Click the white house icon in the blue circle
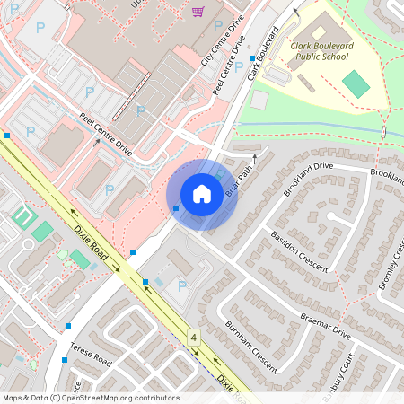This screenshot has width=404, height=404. [202, 193]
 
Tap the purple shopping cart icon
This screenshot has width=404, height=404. [198, 12]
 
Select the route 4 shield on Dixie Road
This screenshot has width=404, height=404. [193, 337]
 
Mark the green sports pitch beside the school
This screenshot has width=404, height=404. [356, 84]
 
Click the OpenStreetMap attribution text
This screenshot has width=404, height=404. [90, 398]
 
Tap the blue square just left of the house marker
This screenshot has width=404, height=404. [176, 208]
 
